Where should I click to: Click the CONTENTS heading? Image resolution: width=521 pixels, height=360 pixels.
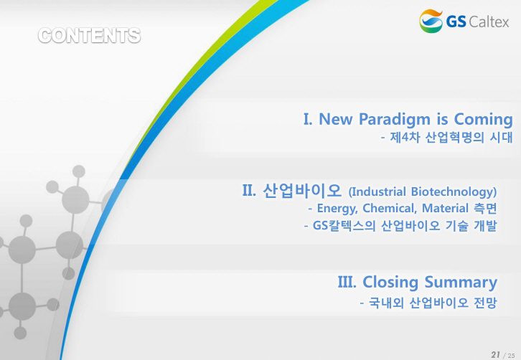coord(90,36)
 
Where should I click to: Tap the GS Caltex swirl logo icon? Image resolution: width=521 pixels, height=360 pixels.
coord(431,21)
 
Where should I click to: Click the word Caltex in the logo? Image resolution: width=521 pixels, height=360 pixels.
coord(489,22)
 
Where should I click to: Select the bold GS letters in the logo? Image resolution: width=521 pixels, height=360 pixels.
coord(456,22)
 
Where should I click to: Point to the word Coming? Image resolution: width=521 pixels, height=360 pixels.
coord(484,119)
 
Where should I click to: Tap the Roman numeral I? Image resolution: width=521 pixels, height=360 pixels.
coord(308,119)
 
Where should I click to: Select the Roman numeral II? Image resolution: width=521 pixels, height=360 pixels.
coord(249,191)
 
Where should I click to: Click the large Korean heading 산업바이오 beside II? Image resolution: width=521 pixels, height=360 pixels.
coord(302,191)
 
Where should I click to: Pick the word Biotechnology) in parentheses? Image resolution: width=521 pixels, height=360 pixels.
coord(454,192)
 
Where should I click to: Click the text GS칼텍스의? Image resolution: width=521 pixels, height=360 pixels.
coord(344,226)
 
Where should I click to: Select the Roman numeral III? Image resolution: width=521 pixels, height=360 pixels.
coord(347,282)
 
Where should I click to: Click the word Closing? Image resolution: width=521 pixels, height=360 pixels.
coord(390,283)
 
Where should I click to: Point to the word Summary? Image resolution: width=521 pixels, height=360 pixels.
coord(461,283)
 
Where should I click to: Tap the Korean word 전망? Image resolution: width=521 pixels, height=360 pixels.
coord(485,303)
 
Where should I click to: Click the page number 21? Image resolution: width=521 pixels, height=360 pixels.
coord(495,354)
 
